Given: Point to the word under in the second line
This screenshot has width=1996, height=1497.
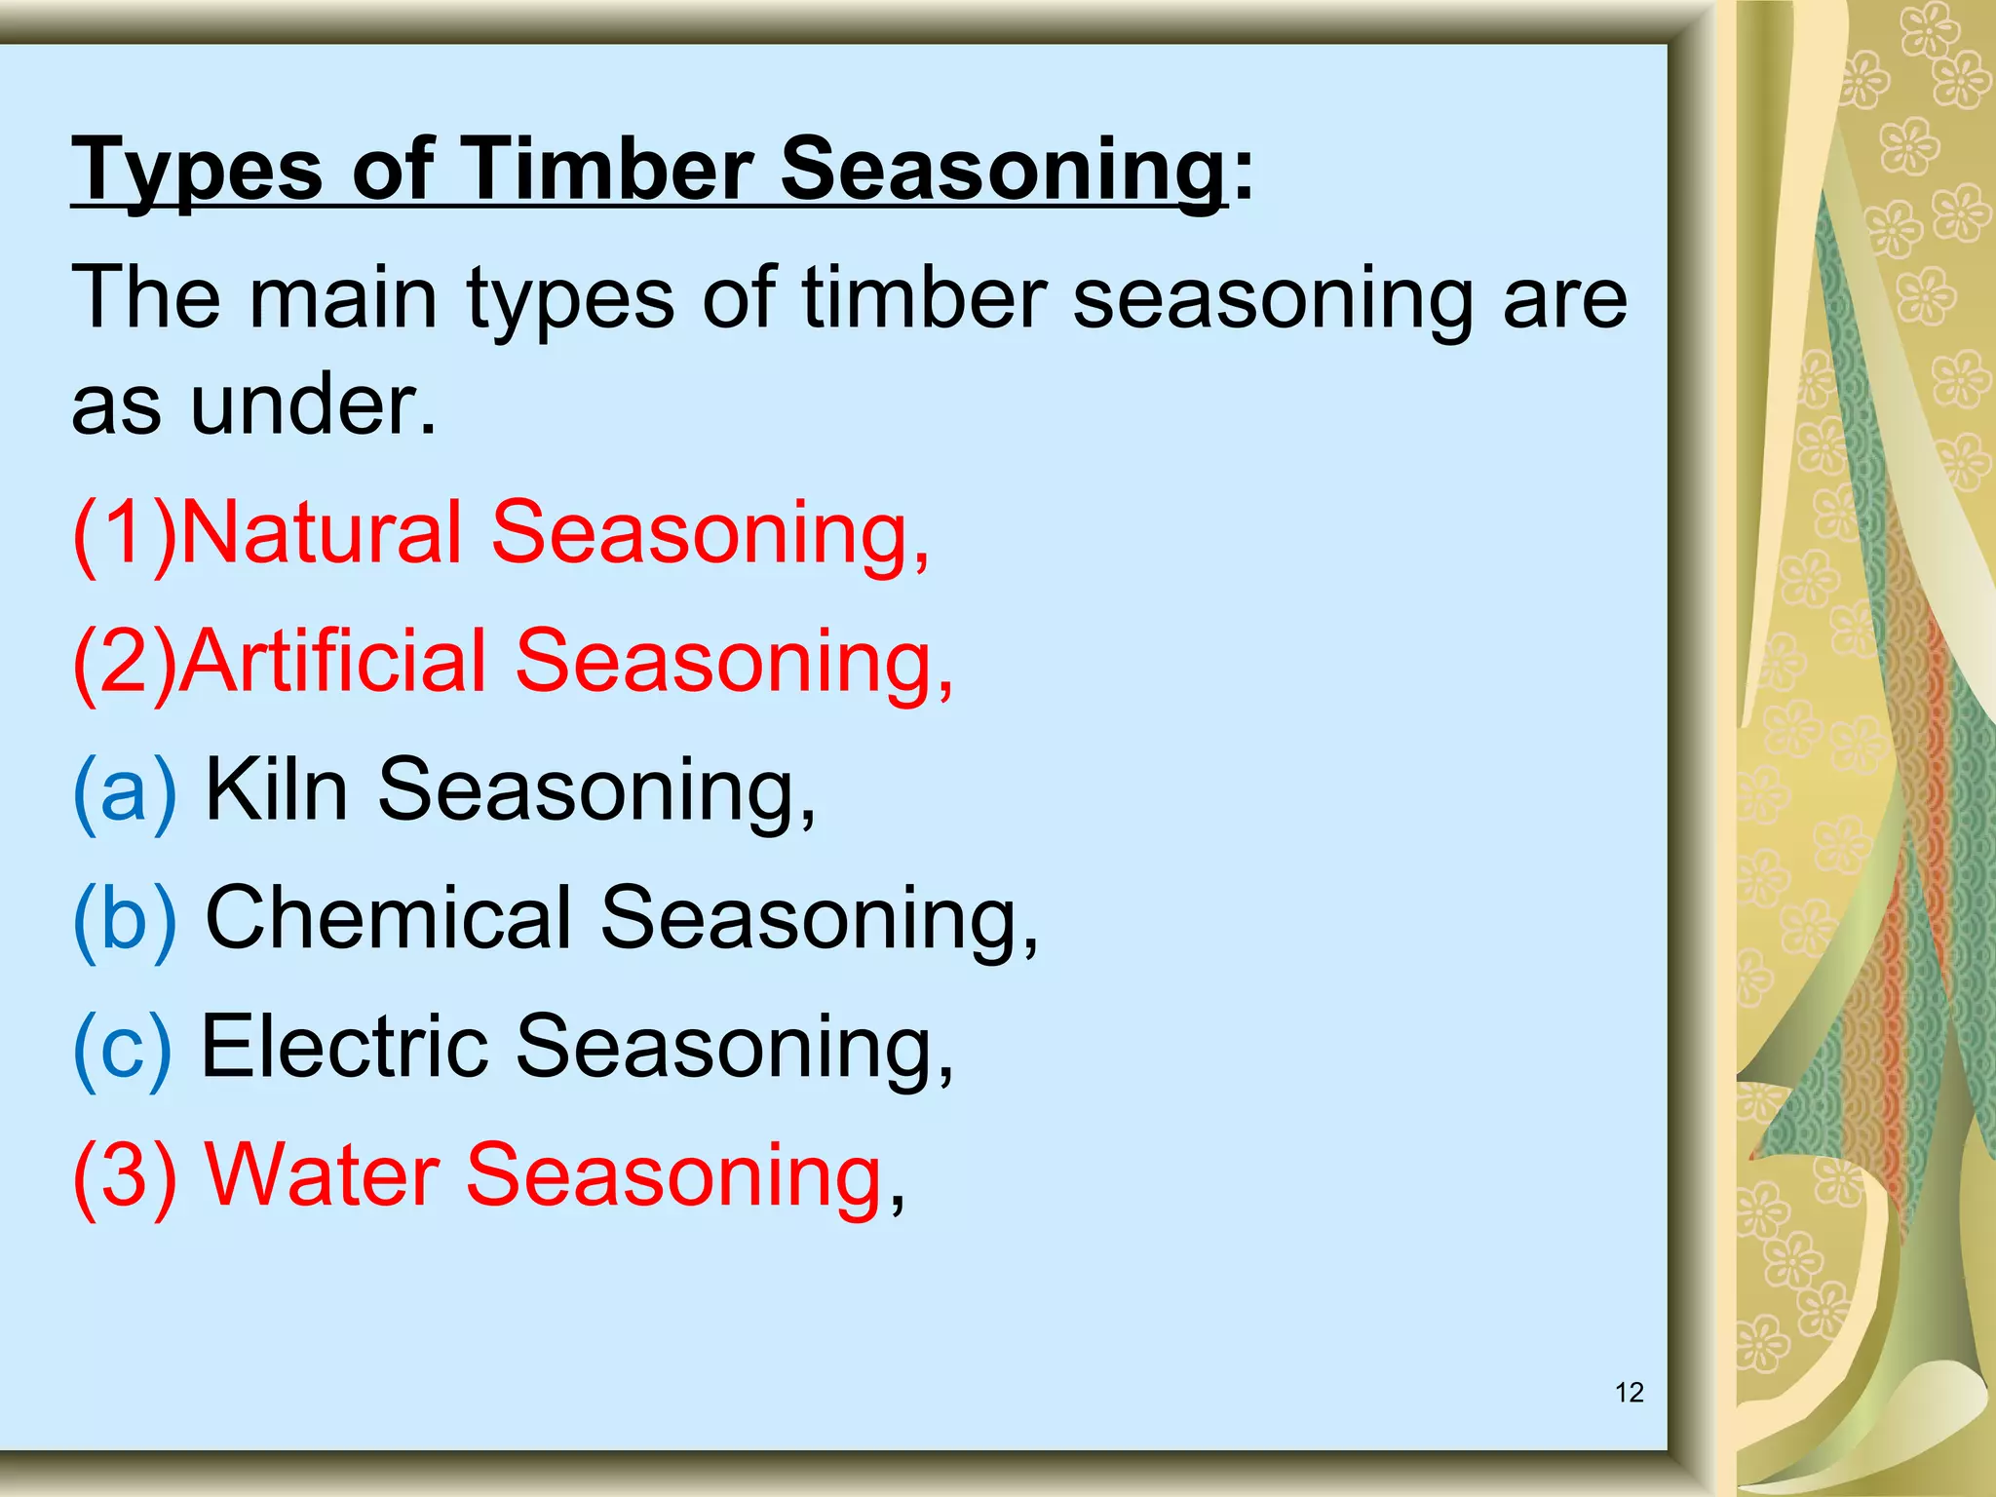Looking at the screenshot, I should (x=312, y=404).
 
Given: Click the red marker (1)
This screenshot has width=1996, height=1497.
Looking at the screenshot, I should (x=125, y=533).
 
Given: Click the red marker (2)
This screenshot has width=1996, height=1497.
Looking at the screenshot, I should (x=125, y=662).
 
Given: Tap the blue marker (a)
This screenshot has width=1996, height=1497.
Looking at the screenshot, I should (x=125, y=790).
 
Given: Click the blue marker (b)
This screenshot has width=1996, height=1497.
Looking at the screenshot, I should (x=125, y=919).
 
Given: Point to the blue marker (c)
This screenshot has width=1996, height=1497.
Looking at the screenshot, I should (x=122, y=1048).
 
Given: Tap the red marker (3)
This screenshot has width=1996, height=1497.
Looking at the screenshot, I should (x=125, y=1176).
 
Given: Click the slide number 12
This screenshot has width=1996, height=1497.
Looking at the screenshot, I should (x=1629, y=1393).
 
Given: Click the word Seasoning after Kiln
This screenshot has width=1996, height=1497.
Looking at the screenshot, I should (x=595, y=790).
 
